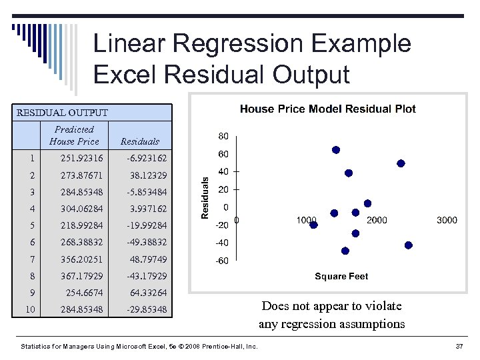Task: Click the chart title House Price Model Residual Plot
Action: point(327,109)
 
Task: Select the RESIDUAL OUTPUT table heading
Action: point(62,113)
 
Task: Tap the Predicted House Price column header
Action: point(74,135)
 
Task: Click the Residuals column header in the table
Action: point(140,141)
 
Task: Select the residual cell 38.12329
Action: point(147,175)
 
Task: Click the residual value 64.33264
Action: point(147,293)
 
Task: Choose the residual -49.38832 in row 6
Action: point(147,242)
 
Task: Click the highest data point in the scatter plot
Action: point(336,150)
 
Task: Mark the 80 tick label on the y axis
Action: point(223,136)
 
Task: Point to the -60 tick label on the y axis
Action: point(221,261)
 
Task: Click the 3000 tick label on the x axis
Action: point(447,220)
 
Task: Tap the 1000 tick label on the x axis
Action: point(307,220)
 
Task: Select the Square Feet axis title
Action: point(341,276)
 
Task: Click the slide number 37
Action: point(459,347)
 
